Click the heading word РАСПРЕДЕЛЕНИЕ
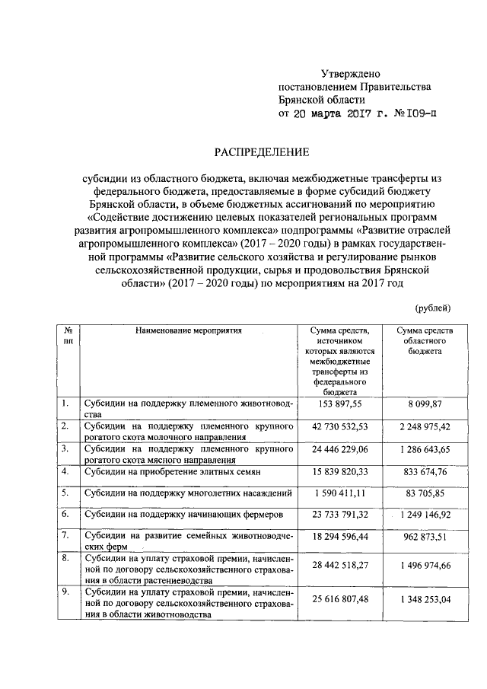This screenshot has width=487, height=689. pyautogui.click(x=261, y=152)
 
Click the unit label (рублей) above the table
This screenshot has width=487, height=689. pyautogui.click(x=432, y=308)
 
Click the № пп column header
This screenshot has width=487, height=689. pyautogui.click(x=68, y=337)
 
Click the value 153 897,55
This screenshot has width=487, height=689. pyautogui.click(x=342, y=404)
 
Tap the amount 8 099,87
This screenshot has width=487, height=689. pyautogui.click(x=425, y=404)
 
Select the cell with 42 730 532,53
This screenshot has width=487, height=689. pyautogui.click(x=342, y=427)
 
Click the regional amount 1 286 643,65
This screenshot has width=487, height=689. pyautogui.click(x=425, y=450)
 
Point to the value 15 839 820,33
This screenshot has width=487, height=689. pyautogui.click(x=342, y=473)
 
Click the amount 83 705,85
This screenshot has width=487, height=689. pyautogui.click(x=425, y=495)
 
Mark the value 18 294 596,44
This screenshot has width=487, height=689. pyautogui.click(x=342, y=540)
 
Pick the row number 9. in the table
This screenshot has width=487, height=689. pyautogui.click(x=66, y=591)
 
